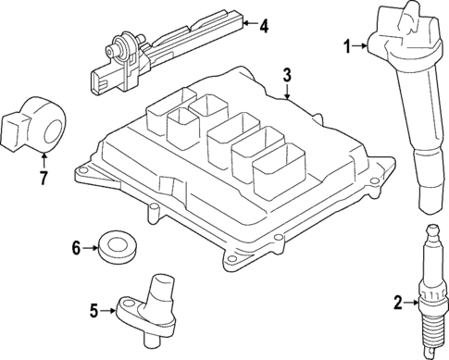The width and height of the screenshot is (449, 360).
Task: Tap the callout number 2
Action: point(397,302)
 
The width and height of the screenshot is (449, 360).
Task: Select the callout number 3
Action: point(287,74)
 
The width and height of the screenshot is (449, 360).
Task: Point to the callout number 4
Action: point(264,26)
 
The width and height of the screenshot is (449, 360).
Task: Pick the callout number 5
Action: point(94,312)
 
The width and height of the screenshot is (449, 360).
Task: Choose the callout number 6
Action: point(78,247)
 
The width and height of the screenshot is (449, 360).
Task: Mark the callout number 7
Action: point(42,177)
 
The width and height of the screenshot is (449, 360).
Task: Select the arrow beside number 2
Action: point(412,302)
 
